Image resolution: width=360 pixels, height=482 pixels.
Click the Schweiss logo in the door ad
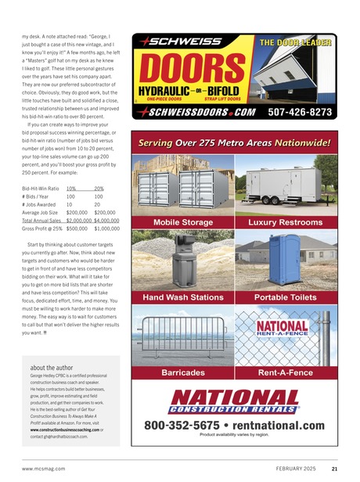pyautogui.click(x=173, y=41)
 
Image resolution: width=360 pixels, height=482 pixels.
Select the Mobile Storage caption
pyautogui.click(x=182, y=222)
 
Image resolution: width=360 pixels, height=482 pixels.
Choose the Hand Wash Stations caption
pyautogui.click(x=182, y=298)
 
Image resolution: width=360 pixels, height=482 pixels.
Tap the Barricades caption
pyautogui.click(x=182, y=372)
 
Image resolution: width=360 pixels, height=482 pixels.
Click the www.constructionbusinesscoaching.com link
pyautogui.click(x=71, y=430)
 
